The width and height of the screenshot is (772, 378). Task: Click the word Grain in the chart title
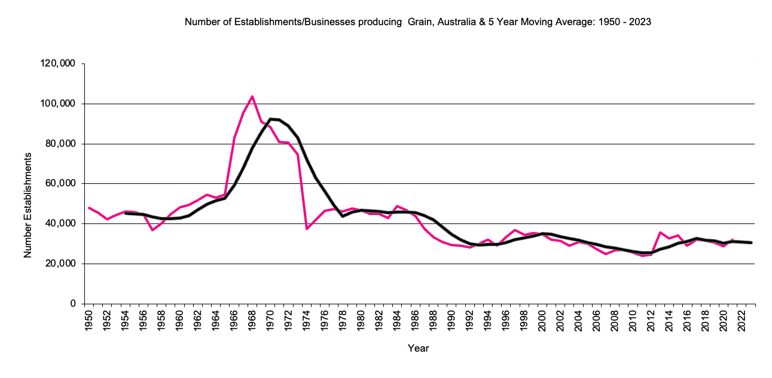tap(419, 22)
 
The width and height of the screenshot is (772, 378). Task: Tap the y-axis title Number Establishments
tap(28, 205)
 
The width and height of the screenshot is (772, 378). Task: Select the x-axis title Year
tap(418, 348)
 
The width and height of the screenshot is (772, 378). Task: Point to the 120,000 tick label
tap(59, 64)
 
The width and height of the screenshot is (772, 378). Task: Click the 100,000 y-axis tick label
tap(59, 104)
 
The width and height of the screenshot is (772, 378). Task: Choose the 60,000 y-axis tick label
tap(60, 184)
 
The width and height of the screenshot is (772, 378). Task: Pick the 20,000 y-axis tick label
tap(60, 264)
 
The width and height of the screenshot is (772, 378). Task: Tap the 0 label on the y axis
tap(72, 304)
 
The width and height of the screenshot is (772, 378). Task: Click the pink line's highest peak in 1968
tap(252, 96)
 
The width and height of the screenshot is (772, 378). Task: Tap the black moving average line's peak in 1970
tap(270, 119)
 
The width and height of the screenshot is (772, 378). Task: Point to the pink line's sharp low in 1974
tap(307, 229)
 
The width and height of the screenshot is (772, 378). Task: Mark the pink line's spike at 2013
tap(660, 232)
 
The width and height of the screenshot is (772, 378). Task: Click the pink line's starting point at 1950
tap(89, 208)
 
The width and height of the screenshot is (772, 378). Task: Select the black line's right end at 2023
tap(751, 243)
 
